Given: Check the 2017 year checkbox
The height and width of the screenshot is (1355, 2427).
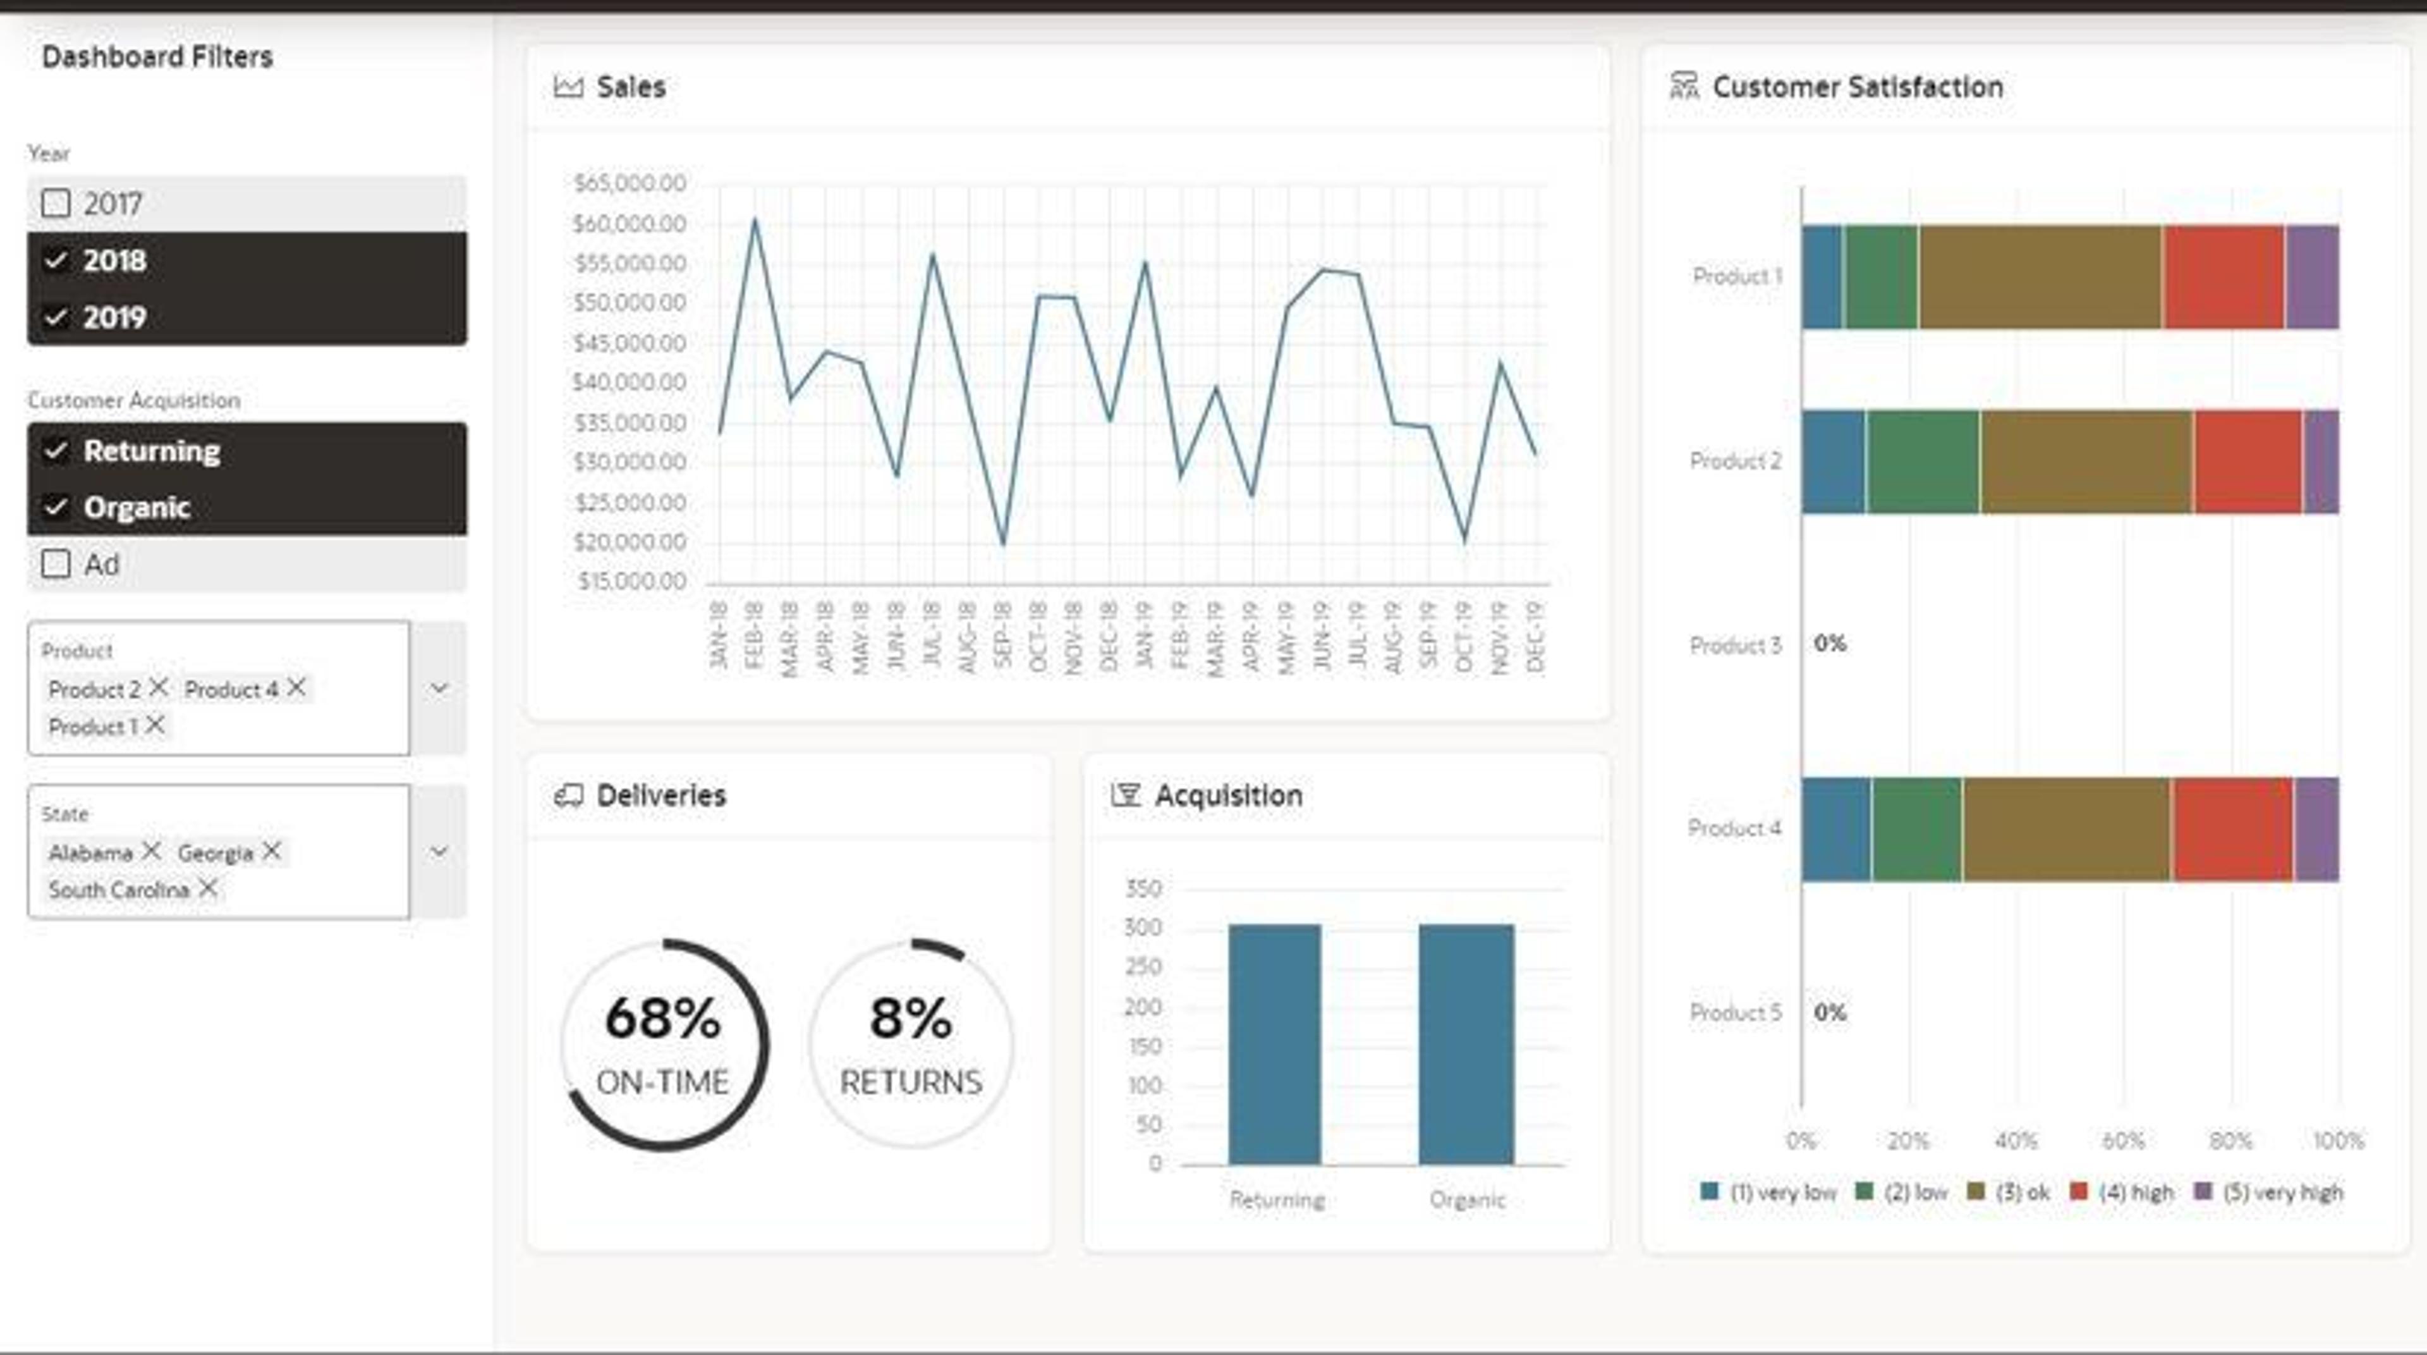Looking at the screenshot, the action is pos(56,204).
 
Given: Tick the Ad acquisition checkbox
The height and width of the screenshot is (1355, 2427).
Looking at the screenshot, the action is pos(56,565).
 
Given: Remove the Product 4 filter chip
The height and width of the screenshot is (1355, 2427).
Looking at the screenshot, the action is pos(296,688).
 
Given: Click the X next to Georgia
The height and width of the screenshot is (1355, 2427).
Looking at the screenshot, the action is pos(271,851).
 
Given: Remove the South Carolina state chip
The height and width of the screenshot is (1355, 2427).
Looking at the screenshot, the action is pos(208,888).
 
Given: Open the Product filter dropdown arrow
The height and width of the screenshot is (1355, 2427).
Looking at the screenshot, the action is pos(439,688).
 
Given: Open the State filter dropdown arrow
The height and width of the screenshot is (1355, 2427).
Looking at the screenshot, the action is pos(439,851).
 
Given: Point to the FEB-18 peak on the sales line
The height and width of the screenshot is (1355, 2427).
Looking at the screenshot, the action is pos(755,219).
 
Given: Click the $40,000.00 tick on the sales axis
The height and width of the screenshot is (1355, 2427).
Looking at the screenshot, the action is pos(630,383).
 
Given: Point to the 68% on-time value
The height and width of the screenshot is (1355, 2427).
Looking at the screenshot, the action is pos(663,1019).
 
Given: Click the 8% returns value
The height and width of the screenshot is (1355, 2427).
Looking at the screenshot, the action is pos(911,1019).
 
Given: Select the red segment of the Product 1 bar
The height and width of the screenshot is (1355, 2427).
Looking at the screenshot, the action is pos(2223,277).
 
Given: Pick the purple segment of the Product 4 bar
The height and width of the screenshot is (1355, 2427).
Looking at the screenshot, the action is pos(2317,829).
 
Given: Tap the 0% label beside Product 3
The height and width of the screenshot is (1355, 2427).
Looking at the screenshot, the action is pos(1830,644).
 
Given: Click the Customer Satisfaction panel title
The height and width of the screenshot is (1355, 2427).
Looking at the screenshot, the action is pos(1858,87).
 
